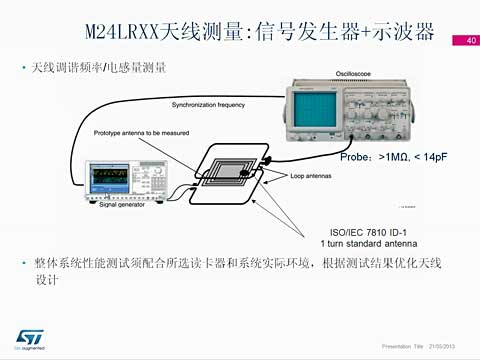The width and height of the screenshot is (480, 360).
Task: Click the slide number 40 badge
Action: tap(466, 41)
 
